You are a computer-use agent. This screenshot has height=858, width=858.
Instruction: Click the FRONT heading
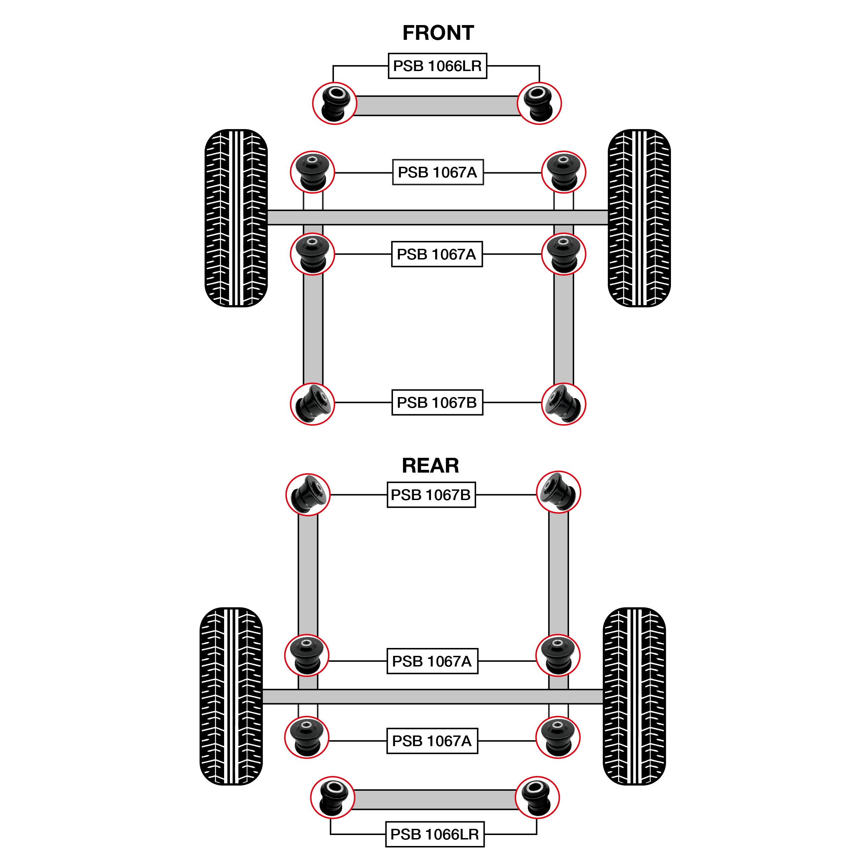pyautogui.click(x=438, y=33)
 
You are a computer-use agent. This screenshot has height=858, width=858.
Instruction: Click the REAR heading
pyautogui.click(x=430, y=465)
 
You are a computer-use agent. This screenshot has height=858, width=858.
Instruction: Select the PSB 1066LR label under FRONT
pyautogui.click(x=438, y=66)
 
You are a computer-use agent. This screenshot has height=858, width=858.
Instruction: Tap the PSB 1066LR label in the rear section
pyautogui.click(x=434, y=834)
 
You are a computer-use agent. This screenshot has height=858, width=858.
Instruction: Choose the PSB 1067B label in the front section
pyautogui.click(x=437, y=402)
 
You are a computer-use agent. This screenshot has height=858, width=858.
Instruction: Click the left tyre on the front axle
pyautogui.click(x=236, y=218)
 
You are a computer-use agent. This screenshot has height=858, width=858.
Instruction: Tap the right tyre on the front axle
pyautogui.click(x=639, y=218)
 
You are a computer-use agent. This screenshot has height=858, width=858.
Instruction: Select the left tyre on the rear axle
pyautogui.click(x=231, y=696)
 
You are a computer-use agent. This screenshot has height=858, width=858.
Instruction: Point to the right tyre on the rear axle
pyautogui.click(x=634, y=696)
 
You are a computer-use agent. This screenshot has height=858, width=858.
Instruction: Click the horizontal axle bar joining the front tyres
pyautogui.click(x=438, y=218)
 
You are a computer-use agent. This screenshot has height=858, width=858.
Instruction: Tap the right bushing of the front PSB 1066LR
pyautogui.click(x=539, y=104)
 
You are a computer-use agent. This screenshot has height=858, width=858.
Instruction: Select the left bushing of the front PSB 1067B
pyautogui.click(x=312, y=404)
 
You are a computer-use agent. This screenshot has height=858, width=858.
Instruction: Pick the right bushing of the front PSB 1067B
pyautogui.click(x=564, y=404)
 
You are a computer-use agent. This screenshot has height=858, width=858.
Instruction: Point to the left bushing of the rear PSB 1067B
pyautogui.click(x=308, y=494)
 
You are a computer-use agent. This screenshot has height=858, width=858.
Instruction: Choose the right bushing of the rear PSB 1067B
pyautogui.click(x=559, y=492)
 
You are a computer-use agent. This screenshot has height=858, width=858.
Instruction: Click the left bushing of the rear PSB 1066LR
pyautogui.click(x=333, y=798)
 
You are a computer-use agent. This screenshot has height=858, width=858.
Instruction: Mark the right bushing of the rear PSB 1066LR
pyautogui.click(x=537, y=798)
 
